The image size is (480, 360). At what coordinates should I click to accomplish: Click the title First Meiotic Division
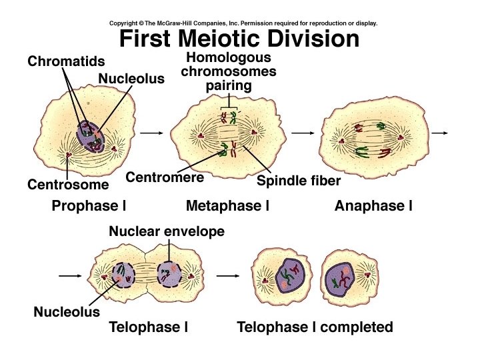pyautogui.click(x=239, y=39)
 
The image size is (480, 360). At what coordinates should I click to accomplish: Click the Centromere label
pyautogui.click(x=165, y=178)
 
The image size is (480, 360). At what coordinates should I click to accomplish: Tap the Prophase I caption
pyautogui.click(x=89, y=206)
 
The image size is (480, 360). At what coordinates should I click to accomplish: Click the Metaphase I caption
pyautogui.click(x=227, y=206)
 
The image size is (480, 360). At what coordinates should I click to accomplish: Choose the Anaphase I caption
pyautogui.click(x=373, y=206)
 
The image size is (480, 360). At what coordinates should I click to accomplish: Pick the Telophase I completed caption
pyautogui.click(x=315, y=327)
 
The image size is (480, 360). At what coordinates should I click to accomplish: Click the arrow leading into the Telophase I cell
pyautogui.click(x=70, y=274)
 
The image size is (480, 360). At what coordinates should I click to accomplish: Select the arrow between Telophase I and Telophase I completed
pyautogui.click(x=228, y=274)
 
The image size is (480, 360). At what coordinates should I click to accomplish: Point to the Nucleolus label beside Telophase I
pyautogui.click(x=67, y=311)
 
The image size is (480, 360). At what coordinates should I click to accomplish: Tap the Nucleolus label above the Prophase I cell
pyautogui.click(x=131, y=79)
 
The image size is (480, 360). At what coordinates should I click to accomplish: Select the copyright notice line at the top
pyautogui.click(x=243, y=23)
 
